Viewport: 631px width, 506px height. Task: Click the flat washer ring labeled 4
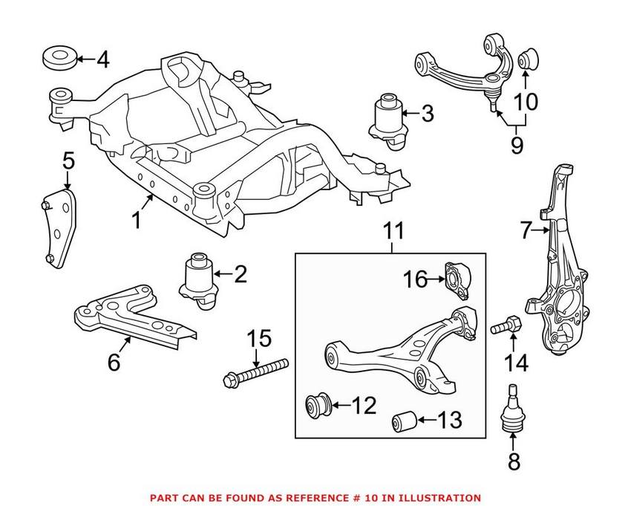(x=59, y=57)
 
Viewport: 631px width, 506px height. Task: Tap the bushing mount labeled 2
(x=198, y=279)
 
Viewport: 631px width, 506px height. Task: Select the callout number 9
(x=517, y=143)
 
